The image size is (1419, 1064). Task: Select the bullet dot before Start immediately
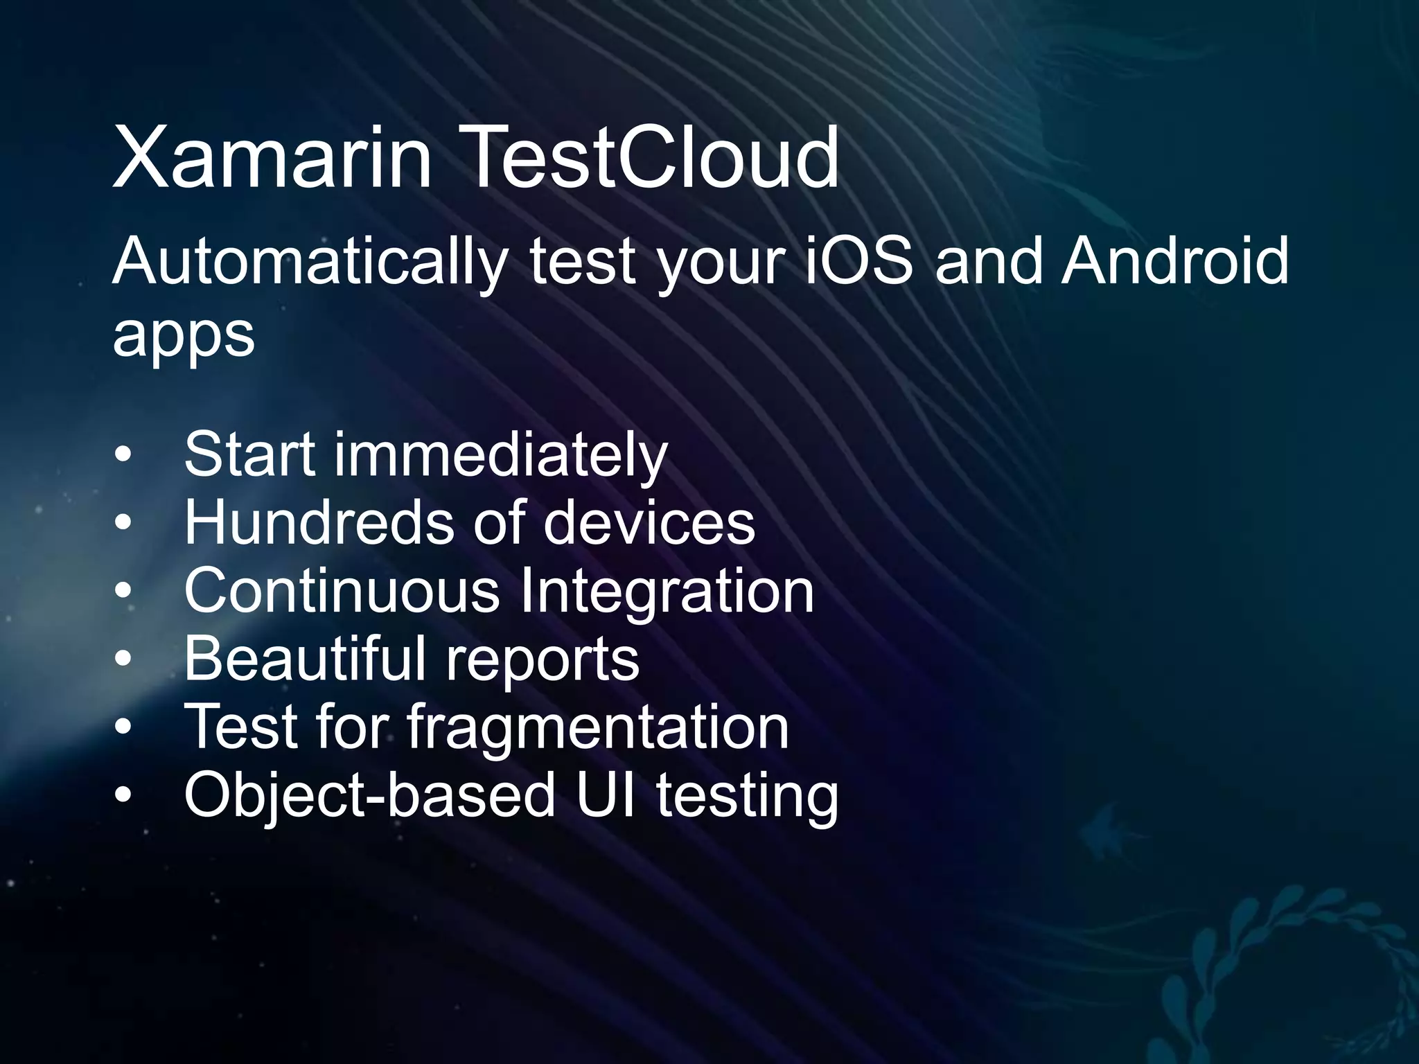coord(123,456)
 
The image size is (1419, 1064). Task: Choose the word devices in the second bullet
coord(649,523)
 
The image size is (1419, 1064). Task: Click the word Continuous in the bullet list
coord(342,591)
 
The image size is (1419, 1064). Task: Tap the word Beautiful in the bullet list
coord(306,659)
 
